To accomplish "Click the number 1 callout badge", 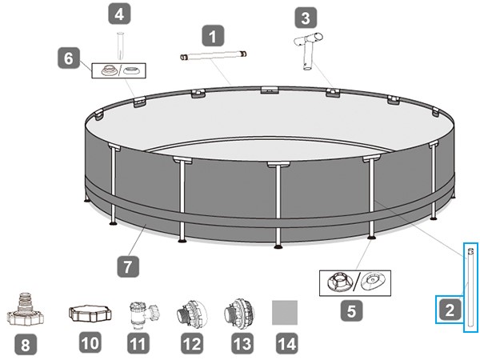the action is coord(213,36).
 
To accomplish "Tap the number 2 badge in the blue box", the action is coord(450,310).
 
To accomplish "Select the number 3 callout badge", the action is coord(306,18).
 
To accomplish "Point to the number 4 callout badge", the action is coord(119,14).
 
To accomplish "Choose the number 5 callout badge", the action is coord(351,311).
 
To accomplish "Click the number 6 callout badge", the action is coord(69,58).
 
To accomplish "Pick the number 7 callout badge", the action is coord(128,266).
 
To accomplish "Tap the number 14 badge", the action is coord(287,343).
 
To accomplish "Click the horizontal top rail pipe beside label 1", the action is coord(213,55).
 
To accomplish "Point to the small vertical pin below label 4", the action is coord(120,46).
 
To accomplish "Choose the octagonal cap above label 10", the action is coord(90,313).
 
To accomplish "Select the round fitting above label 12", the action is coord(192,314).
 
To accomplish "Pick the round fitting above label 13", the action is coord(240,314).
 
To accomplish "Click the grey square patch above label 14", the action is coord(285,312).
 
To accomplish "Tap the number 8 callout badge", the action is coord(26,345).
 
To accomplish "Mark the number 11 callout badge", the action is coord(138,343).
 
